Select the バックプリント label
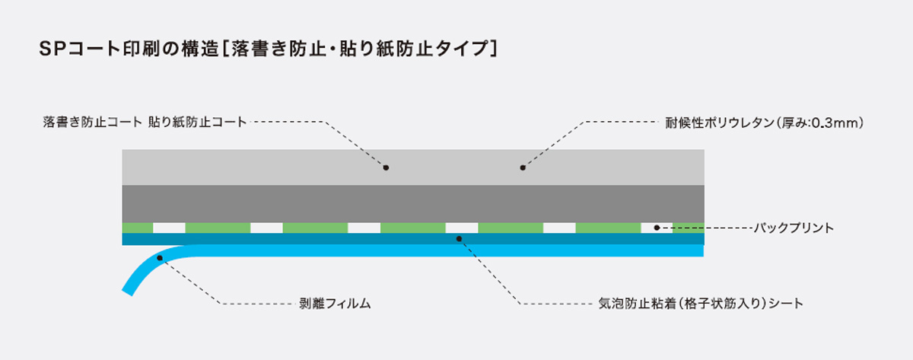point(794,228)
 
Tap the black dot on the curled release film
point(160,258)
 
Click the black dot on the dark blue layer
point(459,239)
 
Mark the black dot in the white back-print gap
point(657,228)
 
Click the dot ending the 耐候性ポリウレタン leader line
point(523,167)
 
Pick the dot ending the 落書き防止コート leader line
point(386,167)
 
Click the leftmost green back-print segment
point(137,228)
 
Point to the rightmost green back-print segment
point(689,228)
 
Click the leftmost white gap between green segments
point(169,228)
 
